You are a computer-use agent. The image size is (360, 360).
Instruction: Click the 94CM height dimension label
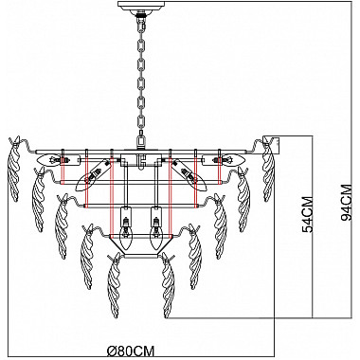[346, 203]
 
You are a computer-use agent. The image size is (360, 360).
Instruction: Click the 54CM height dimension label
[308, 214]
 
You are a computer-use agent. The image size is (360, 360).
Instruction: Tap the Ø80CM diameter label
[131, 351]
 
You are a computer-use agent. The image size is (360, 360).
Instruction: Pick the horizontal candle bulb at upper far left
[50, 160]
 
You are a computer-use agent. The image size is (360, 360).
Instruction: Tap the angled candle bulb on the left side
[91, 176]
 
